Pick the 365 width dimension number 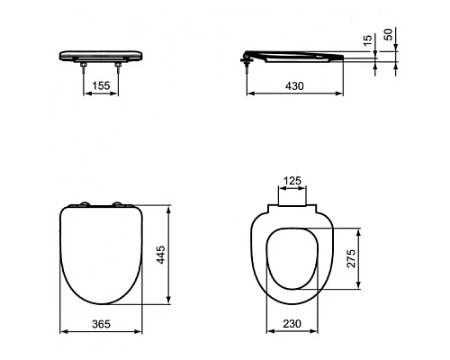101,322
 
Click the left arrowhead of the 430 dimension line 249,92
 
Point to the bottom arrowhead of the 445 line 170,304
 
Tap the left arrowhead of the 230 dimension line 267,332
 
